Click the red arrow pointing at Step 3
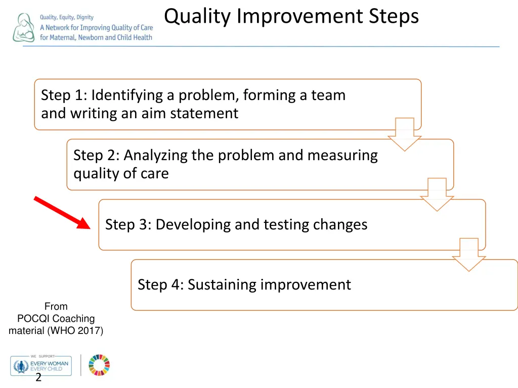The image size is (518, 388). (x=62, y=213)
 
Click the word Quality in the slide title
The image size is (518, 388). (x=197, y=17)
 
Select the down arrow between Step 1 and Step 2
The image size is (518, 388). (x=404, y=134)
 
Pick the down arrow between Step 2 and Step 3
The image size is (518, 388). (x=437, y=195)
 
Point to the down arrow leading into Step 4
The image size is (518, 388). (x=468, y=255)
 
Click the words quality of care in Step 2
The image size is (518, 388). (x=121, y=173)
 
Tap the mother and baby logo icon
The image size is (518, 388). (x=24, y=28)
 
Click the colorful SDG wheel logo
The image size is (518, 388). (x=99, y=365)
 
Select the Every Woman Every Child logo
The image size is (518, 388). (x=40, y=365)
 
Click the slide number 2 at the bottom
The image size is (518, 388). (x=38, y=378)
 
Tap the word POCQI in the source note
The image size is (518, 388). (x=32, y=319)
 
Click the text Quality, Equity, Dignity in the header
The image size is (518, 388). (x=67, y=18)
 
